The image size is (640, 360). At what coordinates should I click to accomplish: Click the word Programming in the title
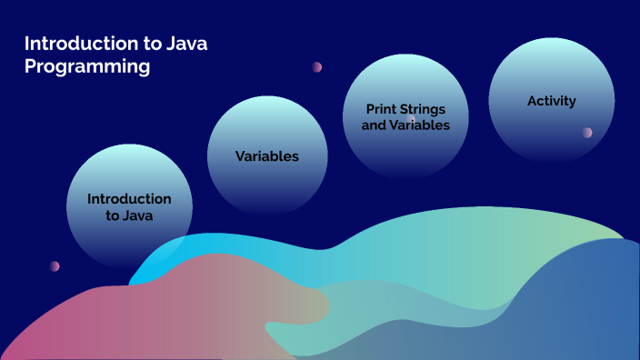87,66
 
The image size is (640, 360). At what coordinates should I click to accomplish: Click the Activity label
551,101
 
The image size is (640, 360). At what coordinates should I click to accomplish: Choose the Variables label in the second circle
267,156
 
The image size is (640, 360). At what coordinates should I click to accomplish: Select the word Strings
425,109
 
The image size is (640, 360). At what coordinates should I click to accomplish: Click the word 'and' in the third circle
374,125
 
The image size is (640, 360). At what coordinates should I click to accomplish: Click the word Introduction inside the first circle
129,198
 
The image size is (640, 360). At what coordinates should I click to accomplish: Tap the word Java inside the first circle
139,216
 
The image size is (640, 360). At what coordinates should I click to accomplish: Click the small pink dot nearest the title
317,66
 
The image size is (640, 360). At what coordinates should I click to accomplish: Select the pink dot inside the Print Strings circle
411,119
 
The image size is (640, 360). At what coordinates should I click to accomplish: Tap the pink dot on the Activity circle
587,132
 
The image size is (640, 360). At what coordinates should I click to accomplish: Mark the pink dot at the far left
55,266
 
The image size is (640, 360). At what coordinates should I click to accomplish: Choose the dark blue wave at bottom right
582,309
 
